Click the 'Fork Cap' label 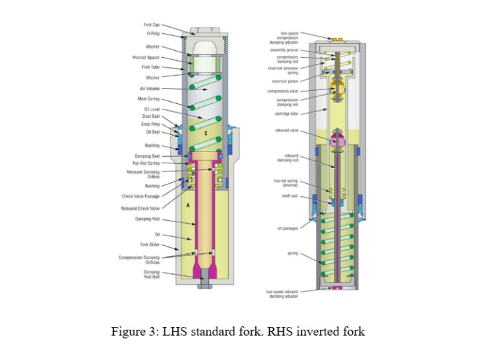[151, 25]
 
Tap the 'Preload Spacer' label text [146, 58]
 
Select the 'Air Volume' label [149, 88]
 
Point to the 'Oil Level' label [151, 109]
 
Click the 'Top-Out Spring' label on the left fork [146, 163]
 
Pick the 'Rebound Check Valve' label [140, 208]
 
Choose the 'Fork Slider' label [149, 244]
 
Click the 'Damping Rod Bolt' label [151, 274]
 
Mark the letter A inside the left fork [187, 205]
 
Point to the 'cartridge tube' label [286, 114]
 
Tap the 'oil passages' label [287, 229]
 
